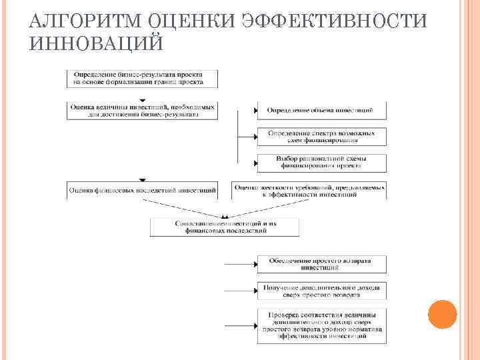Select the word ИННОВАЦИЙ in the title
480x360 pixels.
click(96, 44)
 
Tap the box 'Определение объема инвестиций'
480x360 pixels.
click(321, 109)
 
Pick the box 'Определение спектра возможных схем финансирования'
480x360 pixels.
click(321, 136)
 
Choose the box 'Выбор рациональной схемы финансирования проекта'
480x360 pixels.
click(321, 162)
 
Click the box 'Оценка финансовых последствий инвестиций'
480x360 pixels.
click(142, 190)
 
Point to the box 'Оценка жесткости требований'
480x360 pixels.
click(309, 190)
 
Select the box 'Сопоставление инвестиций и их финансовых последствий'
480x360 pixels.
click(225, 227)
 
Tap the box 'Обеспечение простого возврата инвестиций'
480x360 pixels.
click(321, 263)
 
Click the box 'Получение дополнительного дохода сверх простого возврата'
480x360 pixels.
click(321, 291)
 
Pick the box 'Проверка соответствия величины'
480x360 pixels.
click(321, 325)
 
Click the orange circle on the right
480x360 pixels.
click(441, 314)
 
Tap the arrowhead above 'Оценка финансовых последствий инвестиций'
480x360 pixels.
click(142, 180)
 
